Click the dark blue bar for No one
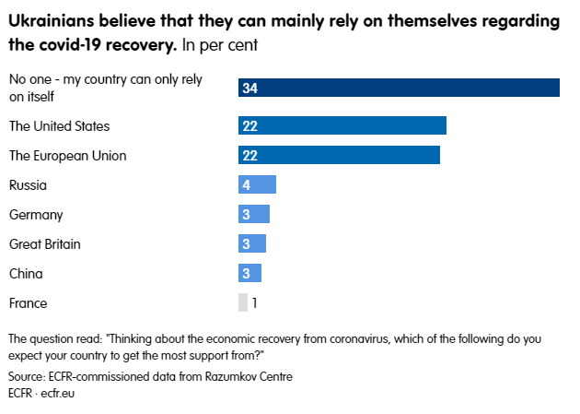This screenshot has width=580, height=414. [399, 88]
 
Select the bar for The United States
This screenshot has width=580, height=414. [342, 125]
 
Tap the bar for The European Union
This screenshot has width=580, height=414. [339, 155]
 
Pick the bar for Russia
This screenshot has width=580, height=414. [257, 184]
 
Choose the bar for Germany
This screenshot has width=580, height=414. [254, 214]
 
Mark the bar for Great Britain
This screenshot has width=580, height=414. [252, 243]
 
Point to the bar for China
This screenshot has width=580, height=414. [249, 273]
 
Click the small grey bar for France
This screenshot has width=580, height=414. [243, 302]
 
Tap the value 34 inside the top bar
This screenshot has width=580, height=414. [249, 88]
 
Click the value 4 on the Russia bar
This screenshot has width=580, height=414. [247, 184]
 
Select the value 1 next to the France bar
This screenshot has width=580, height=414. [255, 302]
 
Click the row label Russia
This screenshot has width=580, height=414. [28, 184]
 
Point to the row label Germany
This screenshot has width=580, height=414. [36, 214]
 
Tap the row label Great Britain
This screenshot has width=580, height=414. [44, 243]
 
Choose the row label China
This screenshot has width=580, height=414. [26, 273]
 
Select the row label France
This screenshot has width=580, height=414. [28, 302]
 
